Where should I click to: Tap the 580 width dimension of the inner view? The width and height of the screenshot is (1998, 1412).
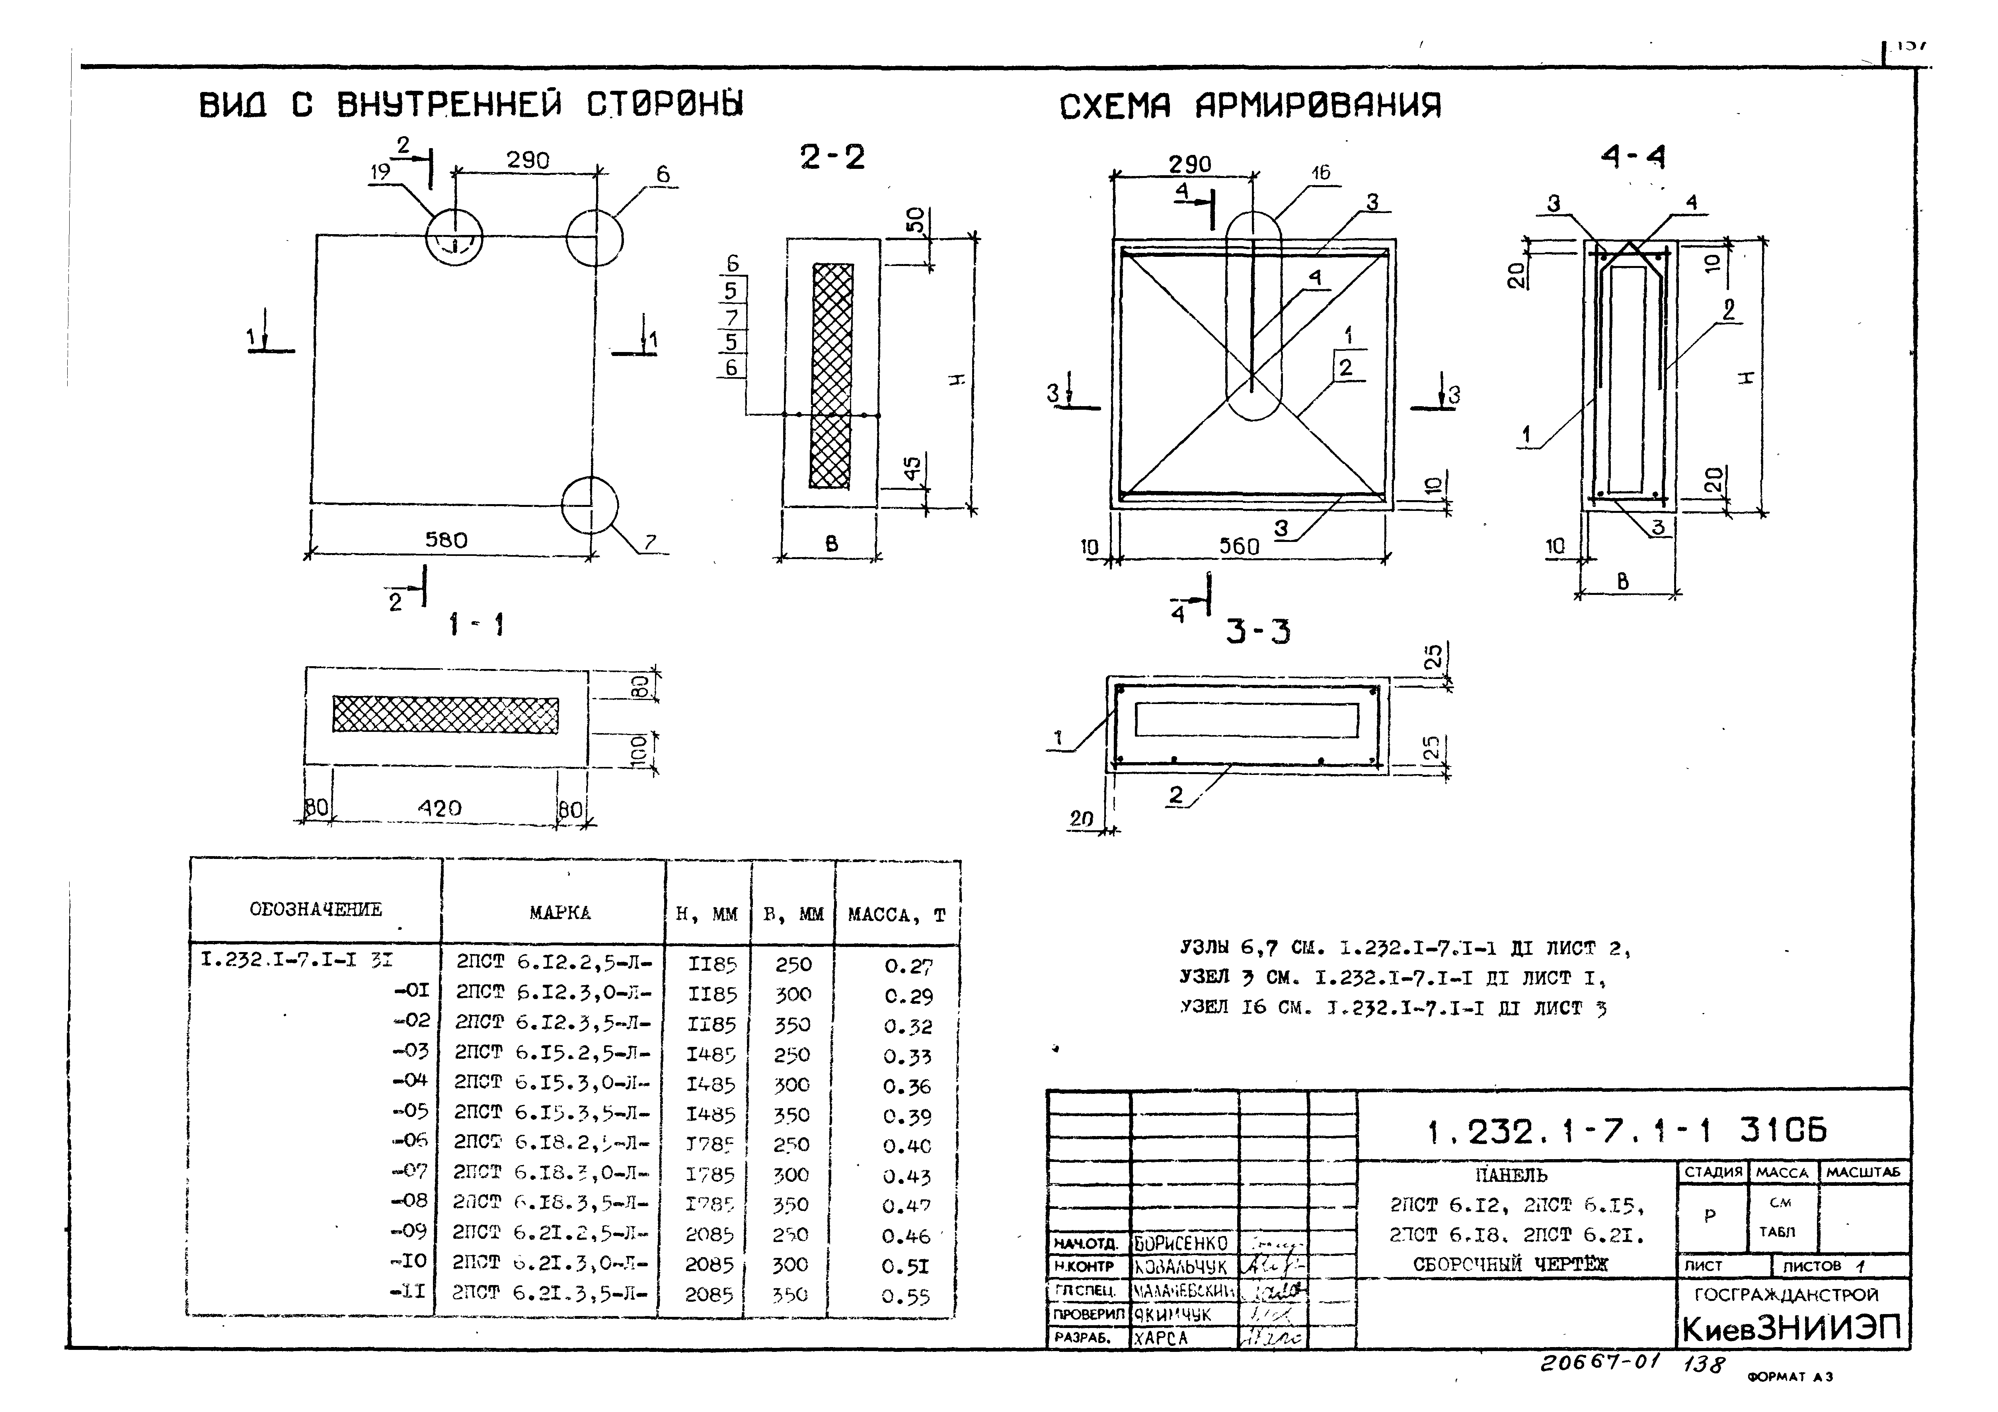(x=446, y=540)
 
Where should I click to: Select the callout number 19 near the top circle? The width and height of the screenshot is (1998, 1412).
(x=379, y=172)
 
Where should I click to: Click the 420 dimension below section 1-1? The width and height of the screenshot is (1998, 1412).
(x=439, y=808)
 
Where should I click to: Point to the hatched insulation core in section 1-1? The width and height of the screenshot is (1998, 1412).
(x=446, y=714)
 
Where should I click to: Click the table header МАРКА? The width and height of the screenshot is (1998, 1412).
(x=559, y=912)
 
